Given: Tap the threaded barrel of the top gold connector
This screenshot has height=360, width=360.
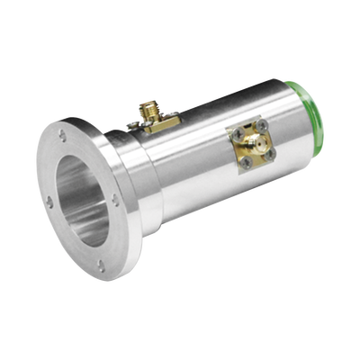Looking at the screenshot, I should [x=146, y=110].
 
